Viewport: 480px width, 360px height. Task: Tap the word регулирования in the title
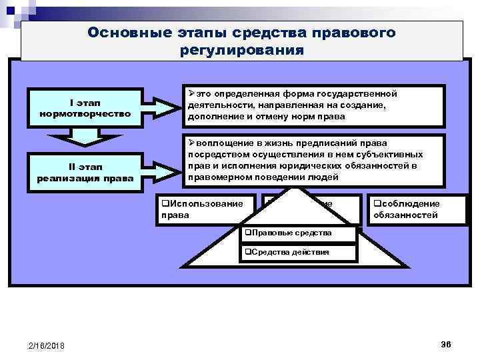pyautogui.click(x=241, y=50)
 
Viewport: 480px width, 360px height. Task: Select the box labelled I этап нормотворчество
pyautogui.click(x=84, y=107)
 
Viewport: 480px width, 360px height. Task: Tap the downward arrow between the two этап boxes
pyautogui.click(x=85, y=136)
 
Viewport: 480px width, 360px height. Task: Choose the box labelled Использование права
pyautogui.click(x=205, y=209)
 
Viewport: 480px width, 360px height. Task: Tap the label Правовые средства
pyautogui.click(x=289, y=233)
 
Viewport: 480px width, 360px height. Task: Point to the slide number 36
pyautogui.click(x=445, y=343)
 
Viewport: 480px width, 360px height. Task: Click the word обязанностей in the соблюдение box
pyautogui.click(x=405, y=215)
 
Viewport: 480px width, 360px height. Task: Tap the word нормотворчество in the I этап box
pyautogui.click(x=84, y=113)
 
